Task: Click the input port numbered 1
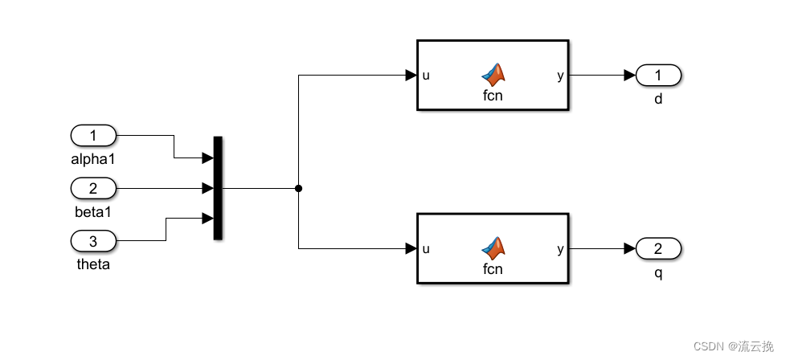[x=93, y=135]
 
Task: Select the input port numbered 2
[x=93, y=188]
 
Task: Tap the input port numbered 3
[x=93, y=240]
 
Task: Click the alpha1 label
[x=93, y=159]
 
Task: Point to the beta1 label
[x=93, y=212]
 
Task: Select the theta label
[x=93, y=264]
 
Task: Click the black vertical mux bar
[x=218, y=188]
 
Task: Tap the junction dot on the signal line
[x=299, y=189]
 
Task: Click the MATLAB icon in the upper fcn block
[x=493, y=75]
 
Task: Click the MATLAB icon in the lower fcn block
[x=493, y=248]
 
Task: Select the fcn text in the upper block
[x=493, y=96]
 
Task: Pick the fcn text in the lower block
[x=493, y=269]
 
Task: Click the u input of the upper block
[x=426, y=76]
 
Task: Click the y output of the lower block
[x=560, y=249]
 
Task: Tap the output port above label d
[x=658, y=76]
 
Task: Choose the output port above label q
[x=658, y=249]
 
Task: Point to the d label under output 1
[x=658, y=100]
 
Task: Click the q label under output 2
[x=658, y=273]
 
